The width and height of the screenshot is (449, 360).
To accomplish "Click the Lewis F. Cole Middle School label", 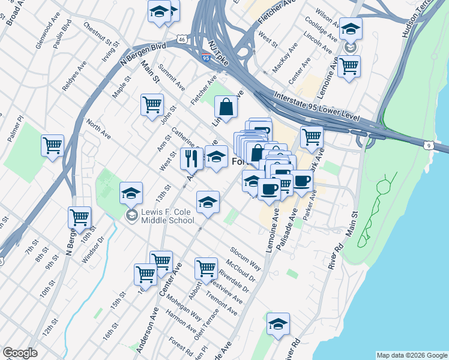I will point(167,216).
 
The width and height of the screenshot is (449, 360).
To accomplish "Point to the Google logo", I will point(20,352).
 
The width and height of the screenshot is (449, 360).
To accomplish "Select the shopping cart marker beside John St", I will point(152,104).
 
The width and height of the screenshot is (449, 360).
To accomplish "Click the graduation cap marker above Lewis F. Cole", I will point(131,193).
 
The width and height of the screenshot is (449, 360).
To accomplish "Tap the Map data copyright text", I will point(411,355).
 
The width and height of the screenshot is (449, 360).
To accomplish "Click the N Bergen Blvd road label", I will point(142,53).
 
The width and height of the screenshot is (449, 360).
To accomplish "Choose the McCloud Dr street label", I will point(242,271).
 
